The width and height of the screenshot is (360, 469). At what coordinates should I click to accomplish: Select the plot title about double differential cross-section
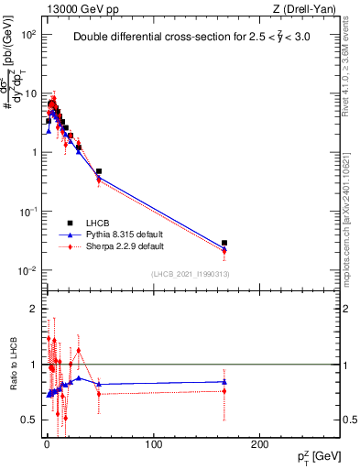(x=190, y=38)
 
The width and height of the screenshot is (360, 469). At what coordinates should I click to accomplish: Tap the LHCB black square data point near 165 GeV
(x=224, y=243)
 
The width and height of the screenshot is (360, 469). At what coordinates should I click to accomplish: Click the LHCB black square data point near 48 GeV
(x=99, y=171)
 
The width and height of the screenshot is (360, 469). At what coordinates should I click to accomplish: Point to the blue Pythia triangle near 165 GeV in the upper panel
(x=224, y=248)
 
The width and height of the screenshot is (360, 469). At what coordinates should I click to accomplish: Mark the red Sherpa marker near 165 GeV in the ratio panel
(x=224, y=391)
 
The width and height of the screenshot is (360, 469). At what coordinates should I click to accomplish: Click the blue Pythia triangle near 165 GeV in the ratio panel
(x=224, y=381)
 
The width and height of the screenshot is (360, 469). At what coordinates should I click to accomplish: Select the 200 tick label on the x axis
(x=260, y=444)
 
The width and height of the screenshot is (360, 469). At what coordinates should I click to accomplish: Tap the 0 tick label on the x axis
(x=47, y=444)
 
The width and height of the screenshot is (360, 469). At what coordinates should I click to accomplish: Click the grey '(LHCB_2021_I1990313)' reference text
(x=191, y=275)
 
